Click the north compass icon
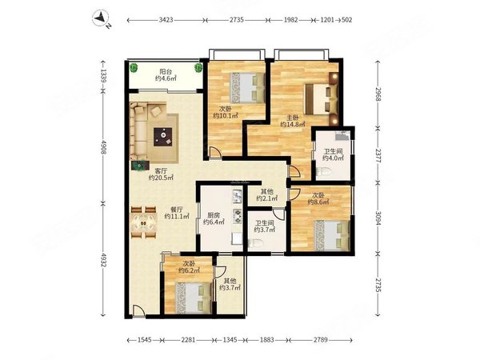coord(102,18)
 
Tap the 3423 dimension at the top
coord(166,20)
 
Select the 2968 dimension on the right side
coord(378,94)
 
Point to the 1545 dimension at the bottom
coord(145,340)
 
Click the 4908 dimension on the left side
coord(103,148)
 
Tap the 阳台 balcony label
coord(166,72)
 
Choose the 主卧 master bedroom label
coord(293,118)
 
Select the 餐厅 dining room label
coord(177,210)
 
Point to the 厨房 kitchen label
coord(214,215)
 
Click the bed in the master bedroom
coord(321,99)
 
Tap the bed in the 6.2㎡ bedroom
coord(193,298)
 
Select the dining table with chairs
coord(143,222)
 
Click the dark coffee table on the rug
coord(162,137)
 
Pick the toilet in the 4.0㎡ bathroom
coord(323,172)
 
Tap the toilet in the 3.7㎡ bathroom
coord(255,243)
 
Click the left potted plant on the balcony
coord(134,67)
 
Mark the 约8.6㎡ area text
coord(318,202)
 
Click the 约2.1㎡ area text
coord(267,198)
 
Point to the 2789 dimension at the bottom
coord(320,340)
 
